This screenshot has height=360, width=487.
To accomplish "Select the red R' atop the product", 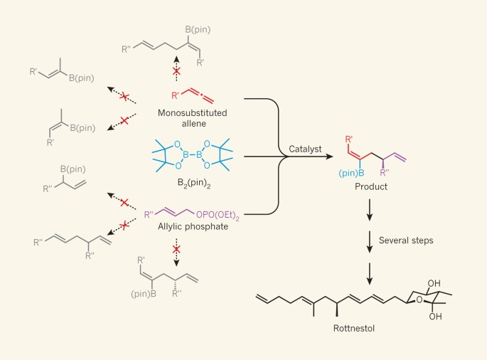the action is [x=349, y=139].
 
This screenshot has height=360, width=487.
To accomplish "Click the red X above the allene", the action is [x=187, y=72].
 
